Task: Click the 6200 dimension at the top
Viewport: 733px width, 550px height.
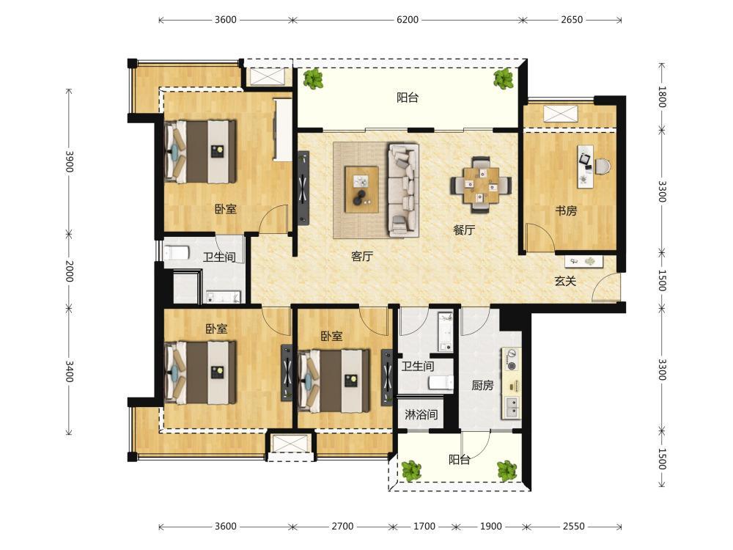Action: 407,20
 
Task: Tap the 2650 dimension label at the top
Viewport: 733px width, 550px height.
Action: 572,20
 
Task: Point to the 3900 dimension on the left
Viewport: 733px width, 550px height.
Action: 69,161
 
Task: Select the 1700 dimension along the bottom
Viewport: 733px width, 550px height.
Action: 424,527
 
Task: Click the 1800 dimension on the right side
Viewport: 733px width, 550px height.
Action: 662,97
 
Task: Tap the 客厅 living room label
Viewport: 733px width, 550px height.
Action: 362,256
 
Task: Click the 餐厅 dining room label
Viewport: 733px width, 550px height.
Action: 464,230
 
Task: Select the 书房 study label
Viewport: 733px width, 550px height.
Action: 566,210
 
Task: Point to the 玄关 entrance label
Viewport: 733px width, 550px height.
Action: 565,281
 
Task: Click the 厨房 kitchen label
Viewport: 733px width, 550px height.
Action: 482,386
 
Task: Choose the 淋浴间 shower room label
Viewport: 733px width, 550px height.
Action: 421,414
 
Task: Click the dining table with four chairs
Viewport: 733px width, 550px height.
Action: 481,185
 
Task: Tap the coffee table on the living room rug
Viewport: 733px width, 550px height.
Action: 361,189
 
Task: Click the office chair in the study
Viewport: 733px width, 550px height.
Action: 603,166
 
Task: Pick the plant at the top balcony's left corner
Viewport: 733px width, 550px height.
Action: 313,78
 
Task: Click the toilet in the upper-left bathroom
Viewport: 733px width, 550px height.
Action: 176,252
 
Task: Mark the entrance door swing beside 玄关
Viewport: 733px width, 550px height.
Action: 605,286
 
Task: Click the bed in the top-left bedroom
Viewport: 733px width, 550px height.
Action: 200,152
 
